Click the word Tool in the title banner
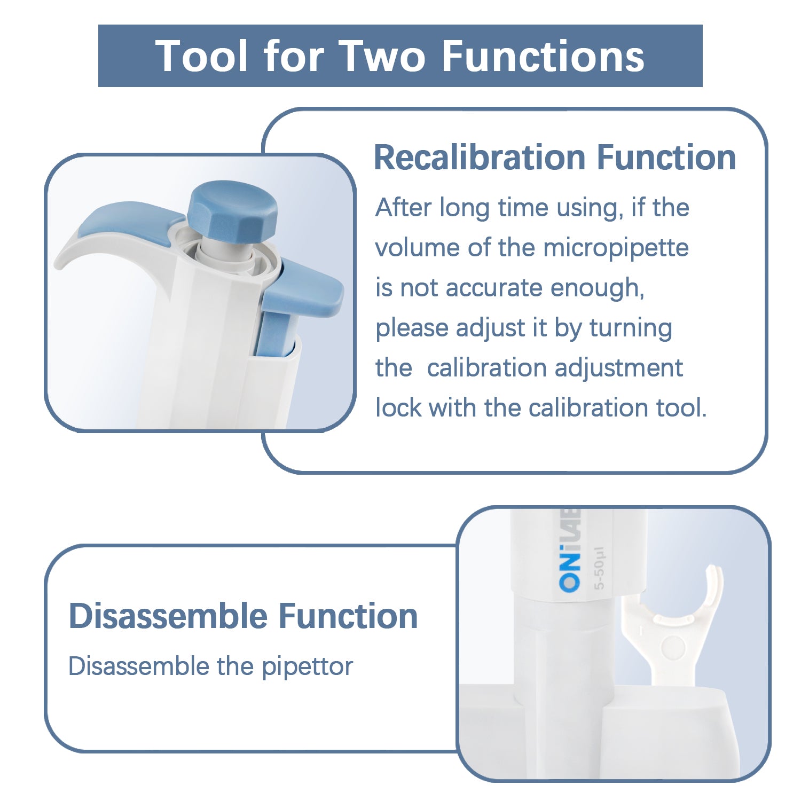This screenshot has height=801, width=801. pyautogui.click(x=202, y=56)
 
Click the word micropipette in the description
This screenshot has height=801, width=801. pyautogui.click(x=616, y=248)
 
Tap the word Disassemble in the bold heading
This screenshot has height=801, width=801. pyautogui.click(x=168, y=616)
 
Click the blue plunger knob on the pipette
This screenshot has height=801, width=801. pyautogui.click(x=233, y=209)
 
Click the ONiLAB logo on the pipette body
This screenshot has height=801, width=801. pyautogui.click(x=570, y=550)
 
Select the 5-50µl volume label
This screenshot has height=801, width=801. pyautogui.click(x=599, y=568)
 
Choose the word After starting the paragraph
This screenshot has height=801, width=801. pyautogui.click(x=403, y=208)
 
